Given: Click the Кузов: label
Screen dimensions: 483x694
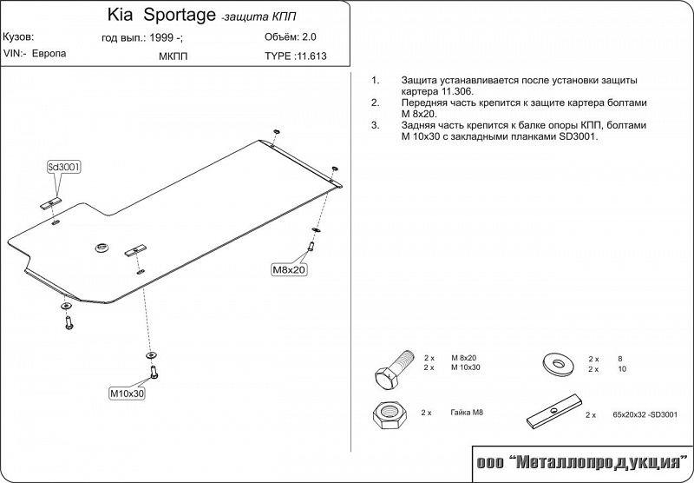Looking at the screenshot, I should coord(19,38).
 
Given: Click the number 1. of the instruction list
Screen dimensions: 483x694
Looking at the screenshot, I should coord(375,80).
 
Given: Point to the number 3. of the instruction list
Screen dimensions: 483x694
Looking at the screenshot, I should coord(375,125).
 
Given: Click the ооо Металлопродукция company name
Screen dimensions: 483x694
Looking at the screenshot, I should coord(579,460).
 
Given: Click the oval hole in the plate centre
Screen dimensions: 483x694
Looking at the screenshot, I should coord(101,248).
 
